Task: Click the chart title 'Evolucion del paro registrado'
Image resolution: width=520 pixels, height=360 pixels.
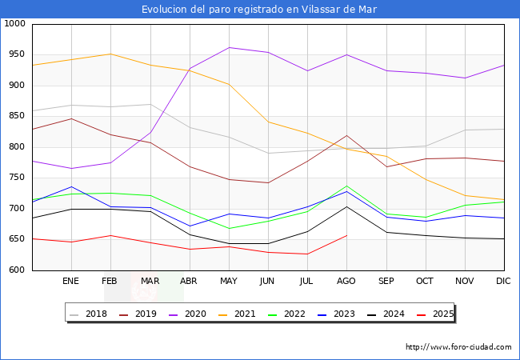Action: (x=259, y=10)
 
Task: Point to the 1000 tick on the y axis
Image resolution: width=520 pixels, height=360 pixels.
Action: (x=14, y=24)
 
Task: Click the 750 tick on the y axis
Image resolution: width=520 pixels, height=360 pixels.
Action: (x=17, y=178)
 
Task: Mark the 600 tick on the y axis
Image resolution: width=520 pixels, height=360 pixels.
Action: (x=17, y=270)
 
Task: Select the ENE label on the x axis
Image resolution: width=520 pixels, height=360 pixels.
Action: (x=71, y=281)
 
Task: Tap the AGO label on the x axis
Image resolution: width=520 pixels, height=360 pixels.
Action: (x=346, y=281)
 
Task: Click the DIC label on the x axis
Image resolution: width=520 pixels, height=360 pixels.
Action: (x=503, y=281)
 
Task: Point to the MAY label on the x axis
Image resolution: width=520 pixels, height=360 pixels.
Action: (x=229, y=281)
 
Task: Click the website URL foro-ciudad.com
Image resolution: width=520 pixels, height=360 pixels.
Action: (x=458, y=347)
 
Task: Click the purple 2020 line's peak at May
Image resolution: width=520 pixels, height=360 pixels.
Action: (x=229, y=47)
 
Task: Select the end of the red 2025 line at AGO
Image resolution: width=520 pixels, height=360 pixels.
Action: (x=346, y=235)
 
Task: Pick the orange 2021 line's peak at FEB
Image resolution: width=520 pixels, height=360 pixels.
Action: (x=110, y=54)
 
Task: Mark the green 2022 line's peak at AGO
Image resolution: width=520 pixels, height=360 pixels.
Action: (x=346, y=186)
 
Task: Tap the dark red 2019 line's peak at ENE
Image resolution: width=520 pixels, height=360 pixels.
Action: (x=71, y=118)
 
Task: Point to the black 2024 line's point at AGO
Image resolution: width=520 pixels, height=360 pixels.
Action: (x=346, y=206)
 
